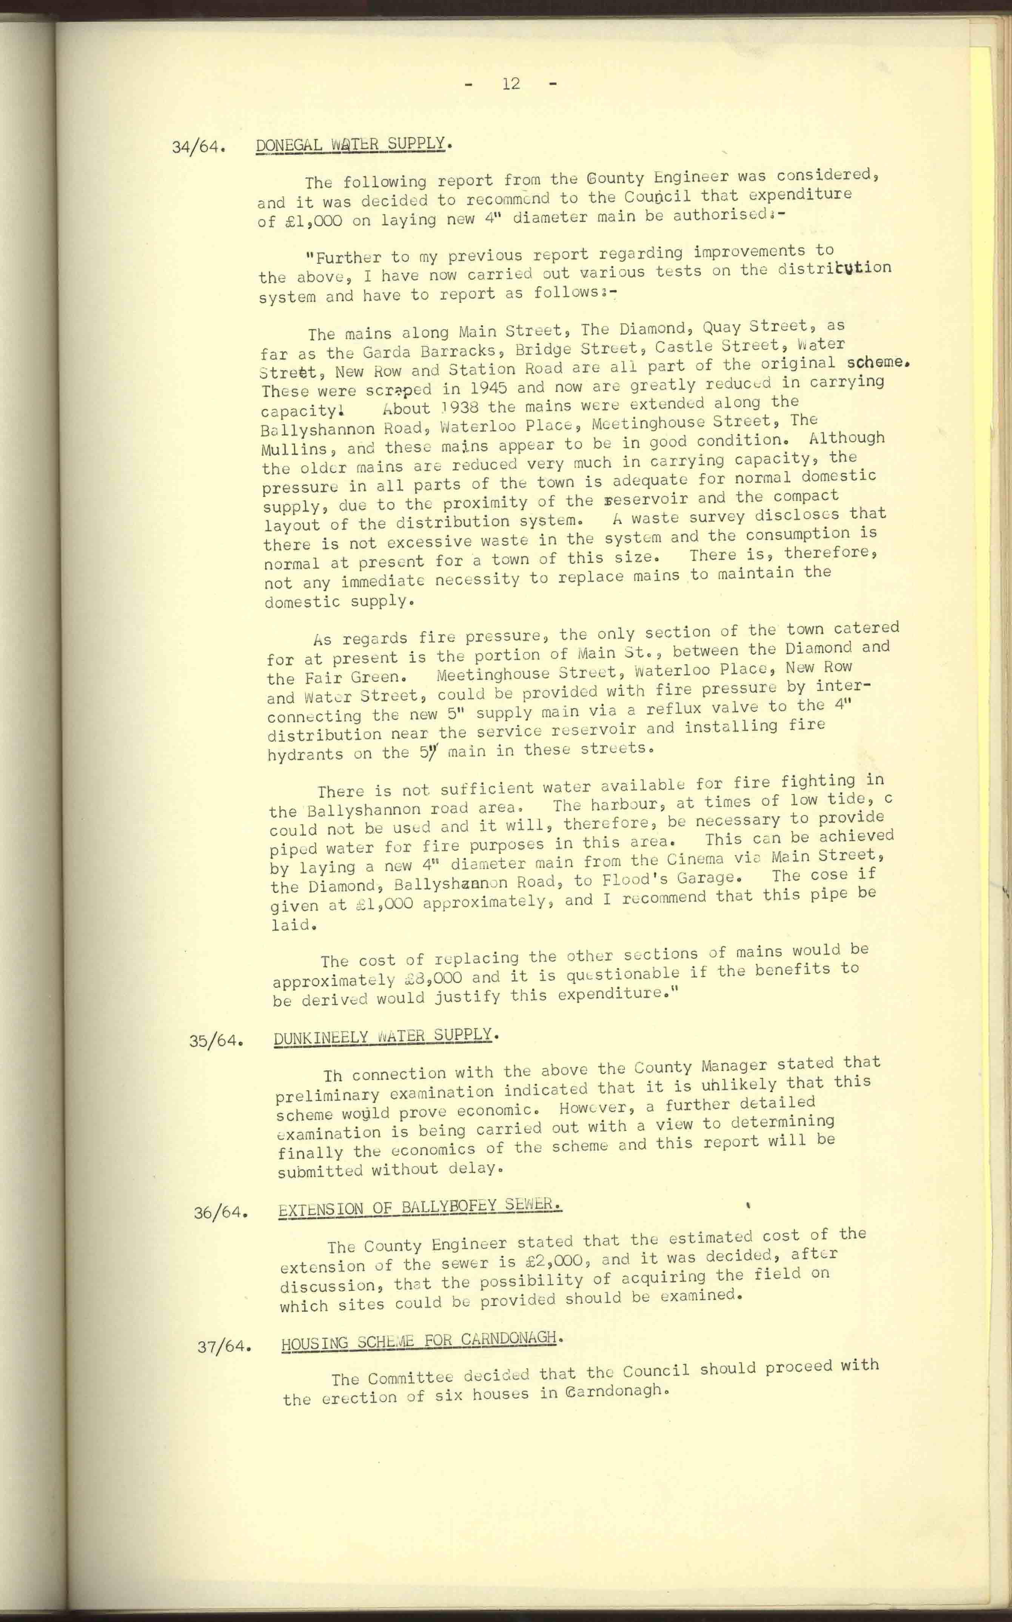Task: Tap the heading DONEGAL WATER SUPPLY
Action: point(350,145)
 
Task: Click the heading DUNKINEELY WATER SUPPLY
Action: point(384,1036)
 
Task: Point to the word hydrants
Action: point(306,755)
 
